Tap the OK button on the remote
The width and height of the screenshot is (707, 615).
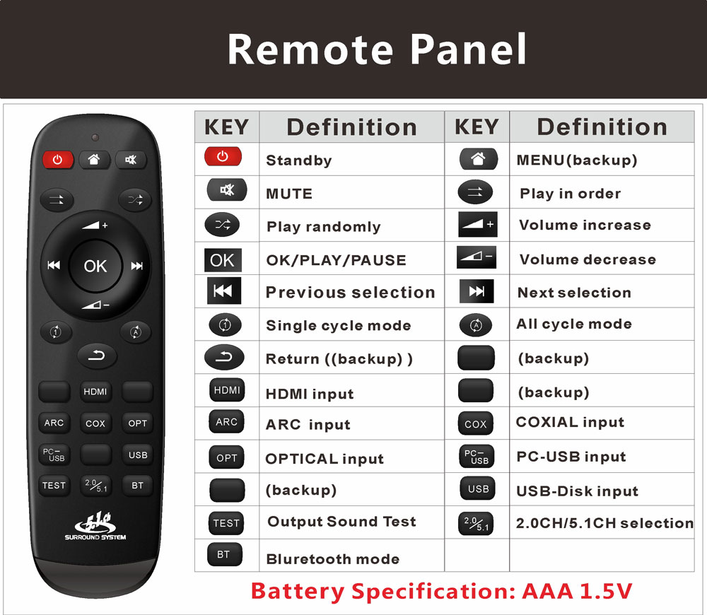95,266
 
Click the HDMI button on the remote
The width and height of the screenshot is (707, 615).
95,392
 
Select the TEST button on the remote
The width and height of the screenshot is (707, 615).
54,486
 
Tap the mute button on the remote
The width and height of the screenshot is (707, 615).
131,160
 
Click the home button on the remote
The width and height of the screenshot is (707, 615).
94,159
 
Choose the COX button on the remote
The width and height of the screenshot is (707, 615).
95,423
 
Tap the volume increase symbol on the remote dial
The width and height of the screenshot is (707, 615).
95,225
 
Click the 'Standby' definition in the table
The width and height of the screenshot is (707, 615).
299,160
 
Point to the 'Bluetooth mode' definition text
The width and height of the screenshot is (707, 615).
333,559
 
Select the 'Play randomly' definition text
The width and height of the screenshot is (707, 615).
324,226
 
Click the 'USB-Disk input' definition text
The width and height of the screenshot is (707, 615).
577,491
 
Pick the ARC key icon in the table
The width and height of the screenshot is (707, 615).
226,422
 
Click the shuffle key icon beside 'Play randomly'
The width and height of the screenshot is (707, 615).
222,225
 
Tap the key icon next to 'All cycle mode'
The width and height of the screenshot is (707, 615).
476,325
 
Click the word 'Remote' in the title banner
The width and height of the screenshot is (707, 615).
310,49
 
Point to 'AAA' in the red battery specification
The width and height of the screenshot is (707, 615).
547,591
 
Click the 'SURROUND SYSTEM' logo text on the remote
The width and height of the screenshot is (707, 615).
95,537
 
